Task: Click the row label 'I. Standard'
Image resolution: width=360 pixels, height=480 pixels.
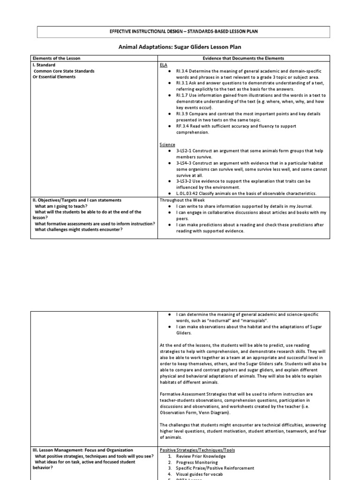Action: click(44, 65)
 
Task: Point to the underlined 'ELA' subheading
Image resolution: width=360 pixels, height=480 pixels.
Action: click(164, 65)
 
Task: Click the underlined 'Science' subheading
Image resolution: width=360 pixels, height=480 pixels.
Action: click(167, 145)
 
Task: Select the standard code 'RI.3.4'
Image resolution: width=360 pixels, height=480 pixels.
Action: click(182, 71)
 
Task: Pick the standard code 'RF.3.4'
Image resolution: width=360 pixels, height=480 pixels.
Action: click(182, 126)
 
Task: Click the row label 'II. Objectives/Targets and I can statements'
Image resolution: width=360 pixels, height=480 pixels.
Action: click(77, 200)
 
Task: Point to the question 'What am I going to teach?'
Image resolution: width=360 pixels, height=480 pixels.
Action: click(60, 206)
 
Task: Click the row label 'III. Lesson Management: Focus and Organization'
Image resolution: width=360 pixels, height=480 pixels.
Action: click(83, 450)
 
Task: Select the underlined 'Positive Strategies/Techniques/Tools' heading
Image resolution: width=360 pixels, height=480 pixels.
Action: click(197, 450)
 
